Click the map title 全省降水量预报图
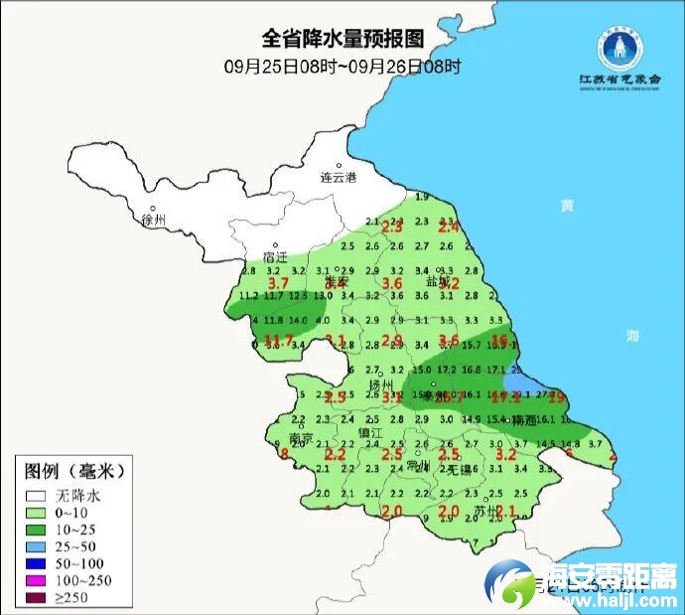coord(342,39)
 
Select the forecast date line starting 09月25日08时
coord(342,67)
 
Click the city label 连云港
coord(338,178)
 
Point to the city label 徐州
coord(155,219)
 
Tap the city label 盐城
coord(438,282)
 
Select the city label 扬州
coord(381,384)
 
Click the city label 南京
coord(301,438)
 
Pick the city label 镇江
coord(370,434)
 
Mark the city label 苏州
coord(484,511)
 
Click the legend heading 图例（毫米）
coord(79,469)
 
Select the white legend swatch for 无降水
coord(38,494)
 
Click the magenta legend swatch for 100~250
coord(38,579)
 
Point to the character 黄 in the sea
coord(567,206)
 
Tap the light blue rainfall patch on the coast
coord(519,382)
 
